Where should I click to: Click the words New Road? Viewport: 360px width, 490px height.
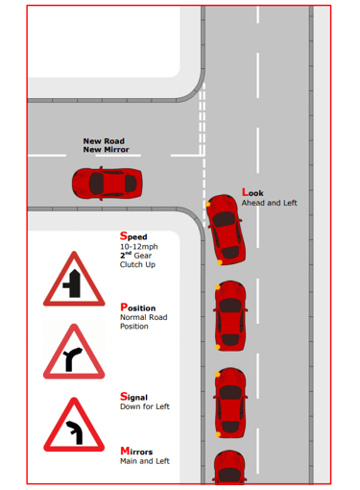pos(104,141)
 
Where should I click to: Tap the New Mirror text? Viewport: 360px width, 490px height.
pos(106,150)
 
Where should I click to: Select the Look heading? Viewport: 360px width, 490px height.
pos(252,192)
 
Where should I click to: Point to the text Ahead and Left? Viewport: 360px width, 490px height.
pos(269,203)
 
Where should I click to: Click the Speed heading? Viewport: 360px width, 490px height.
pos(133,236)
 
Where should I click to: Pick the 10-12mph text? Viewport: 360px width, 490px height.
pos(139,247)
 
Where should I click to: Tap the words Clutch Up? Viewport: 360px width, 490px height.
pos(137,264)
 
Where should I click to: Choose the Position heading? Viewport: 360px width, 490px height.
pos(138,307)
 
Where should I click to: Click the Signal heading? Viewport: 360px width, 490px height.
pos(133,397)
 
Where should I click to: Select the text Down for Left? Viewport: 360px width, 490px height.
pos(145,406)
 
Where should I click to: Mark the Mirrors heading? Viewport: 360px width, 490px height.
pos(136,452)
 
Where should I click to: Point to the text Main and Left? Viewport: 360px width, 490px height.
pos(145,461)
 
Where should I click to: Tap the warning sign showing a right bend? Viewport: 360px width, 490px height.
pos(74,352)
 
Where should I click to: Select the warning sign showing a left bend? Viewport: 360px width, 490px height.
pos(74,425)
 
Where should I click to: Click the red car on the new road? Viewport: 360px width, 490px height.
pos(108,184)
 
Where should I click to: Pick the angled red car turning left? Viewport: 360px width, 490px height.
pos(226,229)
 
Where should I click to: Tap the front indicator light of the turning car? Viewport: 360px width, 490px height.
pos(207,204)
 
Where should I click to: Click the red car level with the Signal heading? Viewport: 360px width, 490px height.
pos(230,403)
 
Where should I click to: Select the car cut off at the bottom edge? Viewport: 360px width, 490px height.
pos(229,467)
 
